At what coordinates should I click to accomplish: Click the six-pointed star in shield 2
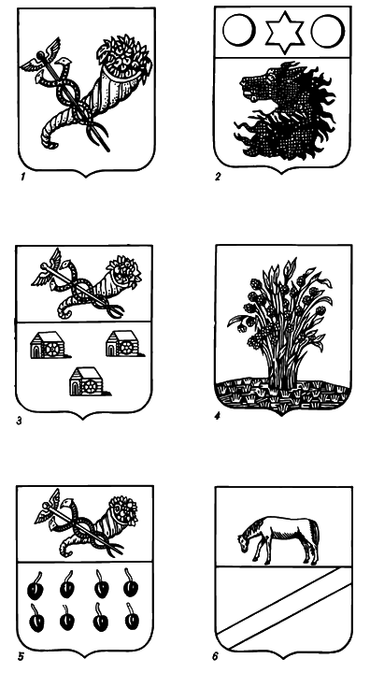click(x=283, y=34)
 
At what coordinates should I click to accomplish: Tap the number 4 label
click(x=218, y=416)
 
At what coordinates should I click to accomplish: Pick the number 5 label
click(x=21, y=656)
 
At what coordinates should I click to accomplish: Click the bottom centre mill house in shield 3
click(x=89, y=380)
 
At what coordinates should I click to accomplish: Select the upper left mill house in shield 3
click(x=49, y=345)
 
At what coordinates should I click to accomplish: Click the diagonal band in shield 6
click(x=284, y=608)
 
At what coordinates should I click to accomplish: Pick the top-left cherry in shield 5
click(x=36, y=587)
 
